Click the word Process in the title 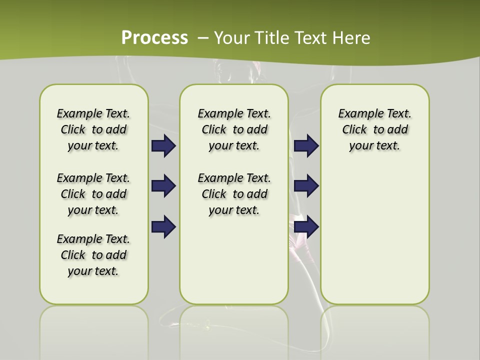(154, 37)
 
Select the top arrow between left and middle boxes (163, 145)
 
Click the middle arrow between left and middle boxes (163, 186)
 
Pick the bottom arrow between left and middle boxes (163, 226)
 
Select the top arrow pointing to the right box (306, 145)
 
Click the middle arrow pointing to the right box (306, 186)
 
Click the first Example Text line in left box (93, 113)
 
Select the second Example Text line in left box (93, 178)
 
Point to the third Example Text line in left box (93, 239)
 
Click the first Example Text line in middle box (234, 113)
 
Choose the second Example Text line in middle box (234, 178)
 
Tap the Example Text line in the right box (375, 113)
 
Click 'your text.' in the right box (375, 146)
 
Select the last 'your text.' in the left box (93, 271)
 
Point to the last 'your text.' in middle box (234, 210)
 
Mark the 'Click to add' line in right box (375, 130)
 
